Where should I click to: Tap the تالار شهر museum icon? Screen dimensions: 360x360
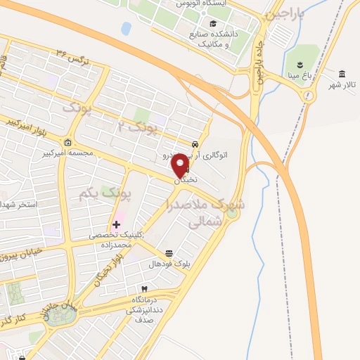pos(342,75)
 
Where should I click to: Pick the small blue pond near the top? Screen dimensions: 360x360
pos(127,28)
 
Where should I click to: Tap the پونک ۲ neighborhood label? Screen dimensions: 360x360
pos(136,127)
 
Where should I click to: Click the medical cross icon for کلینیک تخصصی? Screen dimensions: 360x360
pos(116,224)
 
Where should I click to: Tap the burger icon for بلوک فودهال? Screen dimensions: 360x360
pos(169,253)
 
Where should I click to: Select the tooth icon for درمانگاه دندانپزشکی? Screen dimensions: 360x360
pos(145,289)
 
